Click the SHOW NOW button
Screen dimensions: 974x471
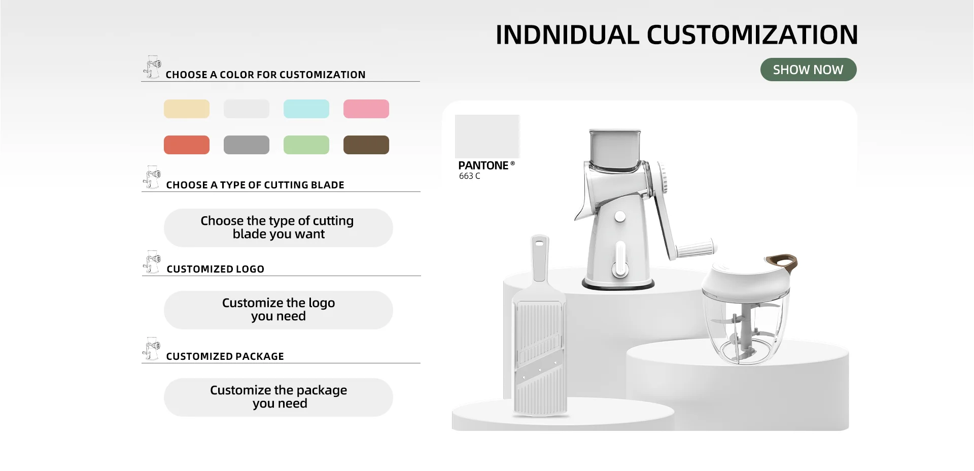(x=808, y=70)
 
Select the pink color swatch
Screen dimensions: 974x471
(x=366, y=109)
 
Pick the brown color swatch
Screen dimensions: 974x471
(x=366, y=145)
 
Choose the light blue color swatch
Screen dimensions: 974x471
(x=306, y=109)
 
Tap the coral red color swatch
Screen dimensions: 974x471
(x=187, y=145)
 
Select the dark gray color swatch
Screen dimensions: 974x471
(x=247, y=145)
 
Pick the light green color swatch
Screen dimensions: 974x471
(x=306, y=145)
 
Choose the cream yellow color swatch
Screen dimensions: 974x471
(x=187, y=109)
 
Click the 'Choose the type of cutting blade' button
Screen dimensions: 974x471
(x=279, y=228)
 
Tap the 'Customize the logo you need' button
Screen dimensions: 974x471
(x=279, y=310)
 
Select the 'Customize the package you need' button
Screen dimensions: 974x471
(x=279, y=397)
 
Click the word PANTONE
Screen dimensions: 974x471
(x=483, y=165)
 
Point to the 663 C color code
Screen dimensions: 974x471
(x=470, y=176)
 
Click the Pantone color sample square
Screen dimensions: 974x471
(x=488, y=137)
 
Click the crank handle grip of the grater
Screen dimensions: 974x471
(x=696, y=249)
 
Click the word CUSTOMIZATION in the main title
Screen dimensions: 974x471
(x=752, y=35)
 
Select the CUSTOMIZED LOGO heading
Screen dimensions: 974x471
(x=216, y=269)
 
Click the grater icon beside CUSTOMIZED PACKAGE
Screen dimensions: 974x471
(x=151, y=349)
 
